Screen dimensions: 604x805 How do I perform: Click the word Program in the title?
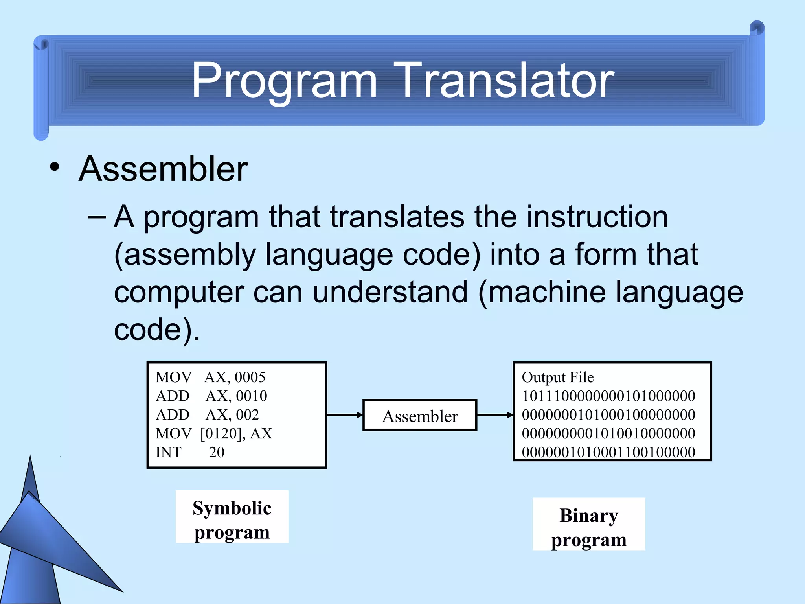(284, 81)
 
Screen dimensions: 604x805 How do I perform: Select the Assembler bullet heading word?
(163, 169)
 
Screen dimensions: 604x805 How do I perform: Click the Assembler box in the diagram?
(419, 416)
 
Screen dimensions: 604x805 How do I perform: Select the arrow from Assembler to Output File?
(494, 415)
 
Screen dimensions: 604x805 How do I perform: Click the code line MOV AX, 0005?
(210, 377)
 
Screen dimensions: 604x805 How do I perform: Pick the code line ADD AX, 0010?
(211, 396)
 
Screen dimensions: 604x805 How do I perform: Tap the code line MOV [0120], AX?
(213, 434)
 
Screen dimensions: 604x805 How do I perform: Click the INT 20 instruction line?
(190, 453)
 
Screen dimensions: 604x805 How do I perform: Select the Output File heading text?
(557, 377)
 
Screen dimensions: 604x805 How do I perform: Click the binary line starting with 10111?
(608, 396)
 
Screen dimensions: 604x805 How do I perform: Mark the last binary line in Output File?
(608, 453)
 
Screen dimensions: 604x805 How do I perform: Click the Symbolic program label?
(232, 520)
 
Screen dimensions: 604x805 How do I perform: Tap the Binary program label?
(588, 527)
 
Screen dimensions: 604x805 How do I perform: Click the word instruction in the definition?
(597, 217)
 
